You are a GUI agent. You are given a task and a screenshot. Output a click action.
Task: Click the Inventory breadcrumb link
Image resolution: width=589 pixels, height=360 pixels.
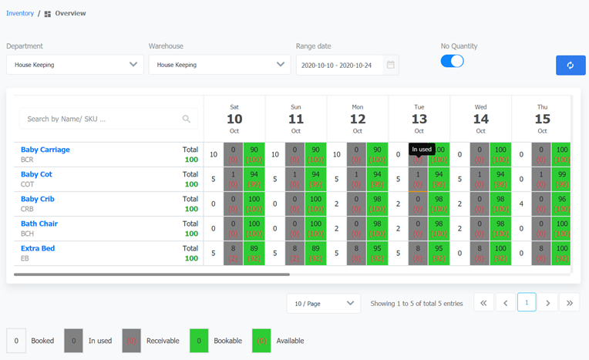click(x=20, y=13)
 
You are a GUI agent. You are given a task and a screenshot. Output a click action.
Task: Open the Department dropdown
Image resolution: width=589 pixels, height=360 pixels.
click(x=75, y=65)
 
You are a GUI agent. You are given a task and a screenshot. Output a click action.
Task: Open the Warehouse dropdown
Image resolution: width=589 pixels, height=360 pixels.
click(x=219, y=65)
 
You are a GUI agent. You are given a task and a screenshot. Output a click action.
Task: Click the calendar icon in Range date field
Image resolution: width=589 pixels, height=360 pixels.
click(x=391, y=65)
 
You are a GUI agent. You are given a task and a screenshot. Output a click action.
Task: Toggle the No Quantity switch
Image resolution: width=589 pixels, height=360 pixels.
click(x=452, y=61)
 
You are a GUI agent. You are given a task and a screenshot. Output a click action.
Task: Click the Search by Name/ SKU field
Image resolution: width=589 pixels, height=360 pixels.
click(x=108, y=119)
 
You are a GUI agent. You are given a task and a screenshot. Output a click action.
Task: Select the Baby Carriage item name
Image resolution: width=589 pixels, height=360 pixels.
click(x=45, y=150)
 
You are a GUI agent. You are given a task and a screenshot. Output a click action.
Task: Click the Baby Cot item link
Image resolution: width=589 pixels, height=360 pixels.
click(x=36, y=174)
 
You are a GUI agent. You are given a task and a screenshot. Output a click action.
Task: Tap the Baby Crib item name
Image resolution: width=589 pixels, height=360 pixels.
click(x=38, y=199)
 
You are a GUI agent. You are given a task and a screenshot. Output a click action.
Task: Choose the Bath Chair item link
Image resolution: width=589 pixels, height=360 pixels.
click(x=39, y=224)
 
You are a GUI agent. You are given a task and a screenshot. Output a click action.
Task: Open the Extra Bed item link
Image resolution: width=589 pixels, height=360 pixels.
click(x=38, y=248)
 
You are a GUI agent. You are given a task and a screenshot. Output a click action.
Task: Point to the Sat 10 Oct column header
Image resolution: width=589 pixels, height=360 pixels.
click(x=234, y=119)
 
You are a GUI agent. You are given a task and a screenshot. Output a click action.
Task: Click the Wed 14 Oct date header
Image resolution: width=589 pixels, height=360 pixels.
click(x=480, y=119)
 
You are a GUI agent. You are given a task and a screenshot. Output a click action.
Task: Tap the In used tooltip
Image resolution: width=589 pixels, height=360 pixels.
click(x=422, y=150)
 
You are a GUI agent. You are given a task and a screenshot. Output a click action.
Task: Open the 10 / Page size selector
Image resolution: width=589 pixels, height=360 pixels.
click(x=323, y=303)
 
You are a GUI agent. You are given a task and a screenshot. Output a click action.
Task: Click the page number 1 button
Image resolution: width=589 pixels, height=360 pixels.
click(x=527, y=303)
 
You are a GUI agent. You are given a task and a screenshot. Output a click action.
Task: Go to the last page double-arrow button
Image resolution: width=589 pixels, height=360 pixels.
click(x=570, y=303)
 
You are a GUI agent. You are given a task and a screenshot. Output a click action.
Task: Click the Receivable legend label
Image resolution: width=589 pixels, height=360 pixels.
click(x=162, y=341)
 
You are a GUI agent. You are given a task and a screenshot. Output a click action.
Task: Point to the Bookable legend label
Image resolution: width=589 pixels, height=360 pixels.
click(x=228, y=341)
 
